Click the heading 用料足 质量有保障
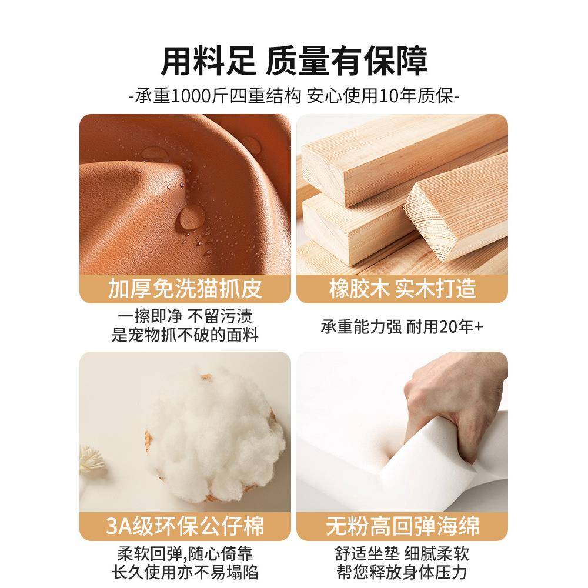coord(294,60)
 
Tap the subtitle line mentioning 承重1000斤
coord(294,95)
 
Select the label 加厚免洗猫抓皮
coord(185,289)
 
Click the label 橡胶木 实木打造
coord(402,289)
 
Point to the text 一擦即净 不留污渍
coord(185,316)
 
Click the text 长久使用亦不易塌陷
coord(185,572)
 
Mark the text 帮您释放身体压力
coord(402,572)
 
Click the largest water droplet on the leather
coord(192,216)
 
